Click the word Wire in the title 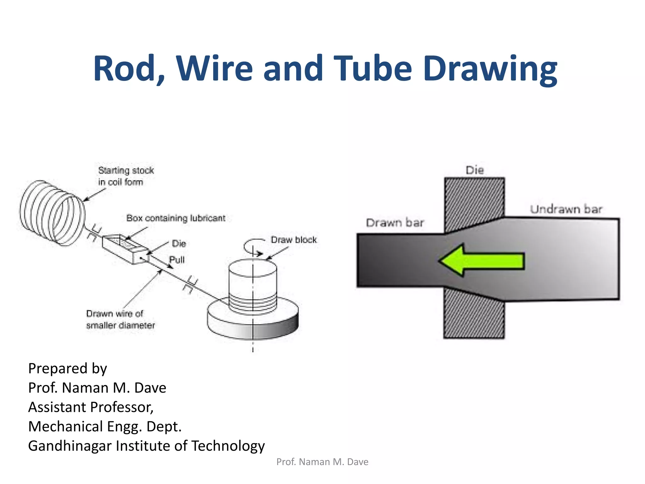[x=214, y=68]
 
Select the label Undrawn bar [x=566, y=209]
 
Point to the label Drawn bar [x=395, y=223]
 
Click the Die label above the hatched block [x=475, y=170]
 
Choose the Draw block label [x=294, y=240]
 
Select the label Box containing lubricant [x=176, y=218]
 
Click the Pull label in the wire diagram [x=177, y=260]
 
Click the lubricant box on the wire [x=125, y=249]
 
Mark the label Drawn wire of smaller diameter [x=120, y=319]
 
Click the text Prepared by [x=68, y=368]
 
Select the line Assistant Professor [x=91, y=407]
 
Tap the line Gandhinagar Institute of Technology [x=146, y=446]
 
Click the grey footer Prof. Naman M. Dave [x=322, y=462]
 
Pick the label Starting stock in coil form [x=126, y=176]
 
